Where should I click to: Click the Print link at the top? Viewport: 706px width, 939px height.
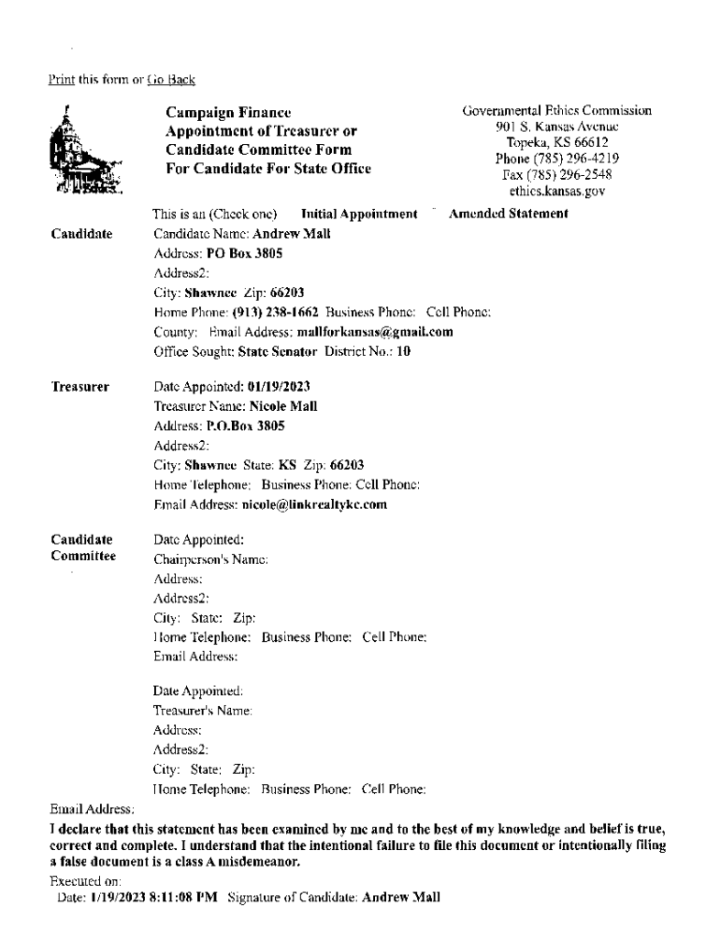click(60, 81)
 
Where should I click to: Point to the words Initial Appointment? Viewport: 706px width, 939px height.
click(359, 215)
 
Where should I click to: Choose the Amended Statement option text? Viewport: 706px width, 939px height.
click(509, 215)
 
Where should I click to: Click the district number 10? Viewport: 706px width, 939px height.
click(403, 350)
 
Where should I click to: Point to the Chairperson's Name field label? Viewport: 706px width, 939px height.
click(210, 558)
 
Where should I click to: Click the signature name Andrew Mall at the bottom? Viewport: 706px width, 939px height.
click(402, 899)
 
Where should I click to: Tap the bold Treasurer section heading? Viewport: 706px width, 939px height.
click(80, 387)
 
